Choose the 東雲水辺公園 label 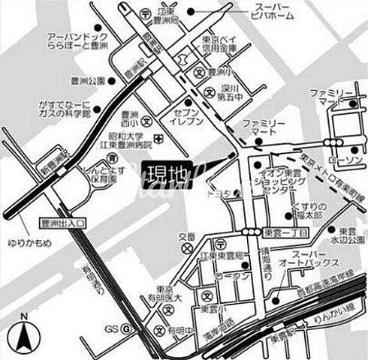tap(351, 235)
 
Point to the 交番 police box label tap(184, 235)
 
